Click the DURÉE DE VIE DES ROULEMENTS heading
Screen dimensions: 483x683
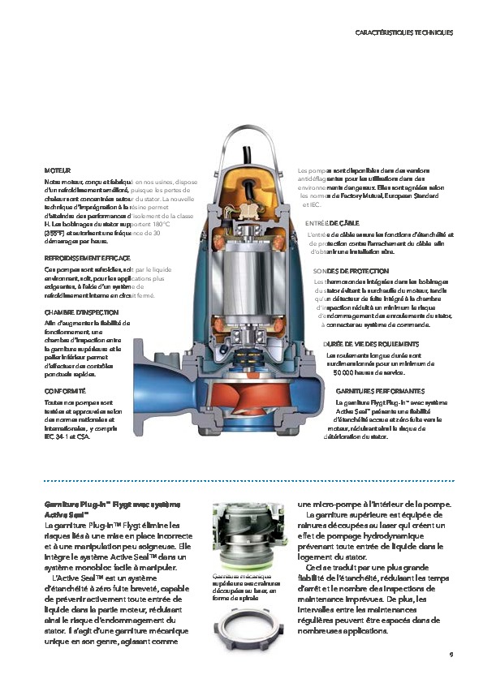(371, 344)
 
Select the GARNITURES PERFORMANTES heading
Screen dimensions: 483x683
(379, 390)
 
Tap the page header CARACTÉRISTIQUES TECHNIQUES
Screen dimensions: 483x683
(403, 33)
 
